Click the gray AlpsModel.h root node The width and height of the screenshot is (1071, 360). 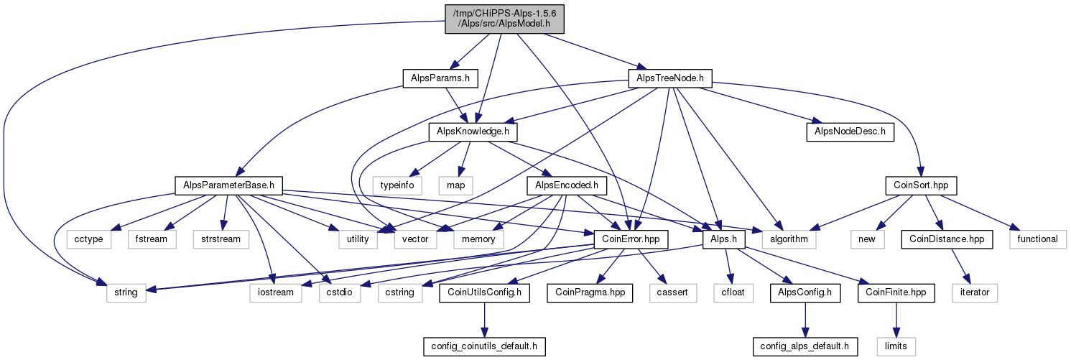504,19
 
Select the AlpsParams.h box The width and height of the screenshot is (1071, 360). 440,78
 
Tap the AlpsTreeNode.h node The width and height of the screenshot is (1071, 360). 670,78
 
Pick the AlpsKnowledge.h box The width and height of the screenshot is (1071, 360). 473,131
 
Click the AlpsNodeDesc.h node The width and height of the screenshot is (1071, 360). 850,131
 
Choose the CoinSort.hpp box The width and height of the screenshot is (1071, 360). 921,185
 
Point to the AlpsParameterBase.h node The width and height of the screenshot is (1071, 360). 228,185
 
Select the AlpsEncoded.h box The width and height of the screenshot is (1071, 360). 567,185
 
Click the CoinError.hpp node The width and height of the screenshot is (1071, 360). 631,239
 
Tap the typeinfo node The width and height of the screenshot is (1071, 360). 397,185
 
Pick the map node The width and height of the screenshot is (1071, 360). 455,185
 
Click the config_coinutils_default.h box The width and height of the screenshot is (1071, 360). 484,346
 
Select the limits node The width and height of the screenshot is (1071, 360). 896,346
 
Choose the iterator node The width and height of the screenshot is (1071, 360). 975,292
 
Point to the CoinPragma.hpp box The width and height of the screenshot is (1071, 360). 590,292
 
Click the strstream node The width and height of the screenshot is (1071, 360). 221,239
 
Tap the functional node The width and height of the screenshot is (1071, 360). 1037,239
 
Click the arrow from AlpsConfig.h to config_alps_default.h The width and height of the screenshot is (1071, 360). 805,320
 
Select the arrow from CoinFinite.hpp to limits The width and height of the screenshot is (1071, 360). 896,320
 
